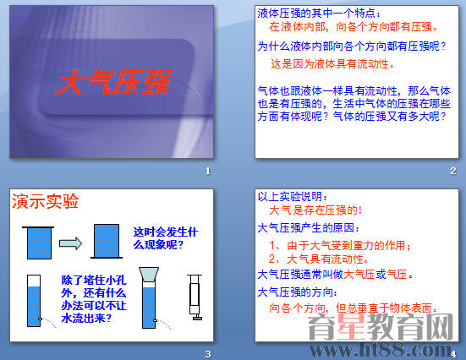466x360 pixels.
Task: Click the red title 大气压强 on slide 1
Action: (112, 84)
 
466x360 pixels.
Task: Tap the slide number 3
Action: (207, 352)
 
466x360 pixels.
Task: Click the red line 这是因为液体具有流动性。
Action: (332, 63)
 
